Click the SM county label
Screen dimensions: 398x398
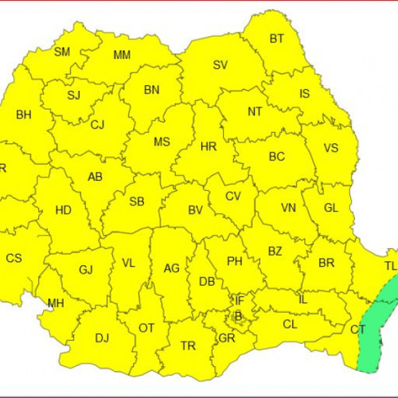pos(61,53)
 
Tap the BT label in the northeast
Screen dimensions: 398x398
pos(276,38)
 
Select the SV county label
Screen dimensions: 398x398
pos(220,65)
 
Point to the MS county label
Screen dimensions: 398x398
pos(162,142)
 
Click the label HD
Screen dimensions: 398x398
pos(63,210)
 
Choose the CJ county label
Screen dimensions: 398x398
pos(97,125)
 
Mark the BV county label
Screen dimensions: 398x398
pos(195,210)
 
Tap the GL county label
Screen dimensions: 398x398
pos(331,209)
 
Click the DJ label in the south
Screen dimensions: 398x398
pos(102,338)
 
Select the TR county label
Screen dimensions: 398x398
pos(188,345)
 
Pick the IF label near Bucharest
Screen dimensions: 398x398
pos(238,300)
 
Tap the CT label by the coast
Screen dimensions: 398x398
pos(357,330)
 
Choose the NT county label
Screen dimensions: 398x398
pos(254,111)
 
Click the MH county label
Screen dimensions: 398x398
pos(56,303)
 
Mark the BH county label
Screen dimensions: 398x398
pos(24,115)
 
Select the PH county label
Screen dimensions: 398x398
pos(234,260)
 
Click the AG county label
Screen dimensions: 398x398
pos(171,268)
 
